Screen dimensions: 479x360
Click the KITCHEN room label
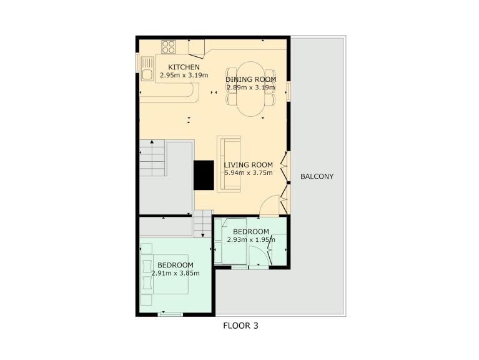(x=184, y=67)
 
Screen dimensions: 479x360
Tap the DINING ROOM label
(x=251, y=79)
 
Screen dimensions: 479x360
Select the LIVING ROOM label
(x=249, y=165)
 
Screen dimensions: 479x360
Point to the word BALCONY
(x=317, y=176)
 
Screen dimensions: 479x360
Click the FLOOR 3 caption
(x=240, y=326)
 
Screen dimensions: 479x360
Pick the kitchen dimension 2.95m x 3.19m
(x=184, y=75)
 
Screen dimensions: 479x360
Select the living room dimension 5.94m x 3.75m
(x=249, y=173)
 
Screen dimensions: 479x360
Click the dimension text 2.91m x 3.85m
(x=175, y=273)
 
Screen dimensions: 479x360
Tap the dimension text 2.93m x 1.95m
(x=251, y=240)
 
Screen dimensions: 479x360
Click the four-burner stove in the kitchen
(x=169, y=47)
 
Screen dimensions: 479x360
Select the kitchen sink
(x=147, y=69)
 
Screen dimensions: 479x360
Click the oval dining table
(x=251, y=89)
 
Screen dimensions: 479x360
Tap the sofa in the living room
(x=229, y=164)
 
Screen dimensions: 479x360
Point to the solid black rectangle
(x=204, y=176)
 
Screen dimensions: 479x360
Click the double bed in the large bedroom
(x=165, y=274)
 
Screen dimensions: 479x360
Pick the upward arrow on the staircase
(x=152, y=142)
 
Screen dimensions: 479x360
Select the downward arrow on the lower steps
(x=203, y=235)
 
